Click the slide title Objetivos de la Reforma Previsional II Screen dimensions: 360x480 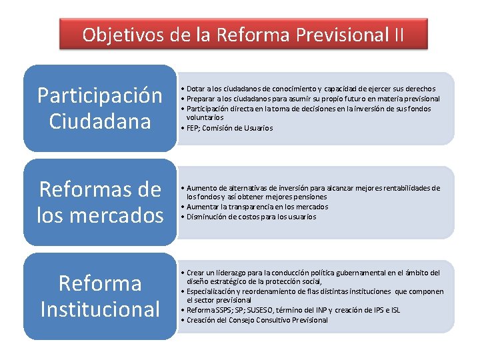pos(243,34)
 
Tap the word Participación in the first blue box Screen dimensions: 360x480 pos(99,96)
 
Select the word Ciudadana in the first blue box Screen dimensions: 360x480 pos(99,122)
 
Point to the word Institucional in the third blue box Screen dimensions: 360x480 pos(100,309)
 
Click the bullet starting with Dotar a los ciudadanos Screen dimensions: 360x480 pos(311,89)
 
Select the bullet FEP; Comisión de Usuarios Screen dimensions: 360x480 pos(229,128)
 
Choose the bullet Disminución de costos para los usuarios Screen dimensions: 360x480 pos(251,217)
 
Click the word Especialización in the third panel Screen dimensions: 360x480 pos(212,291)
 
